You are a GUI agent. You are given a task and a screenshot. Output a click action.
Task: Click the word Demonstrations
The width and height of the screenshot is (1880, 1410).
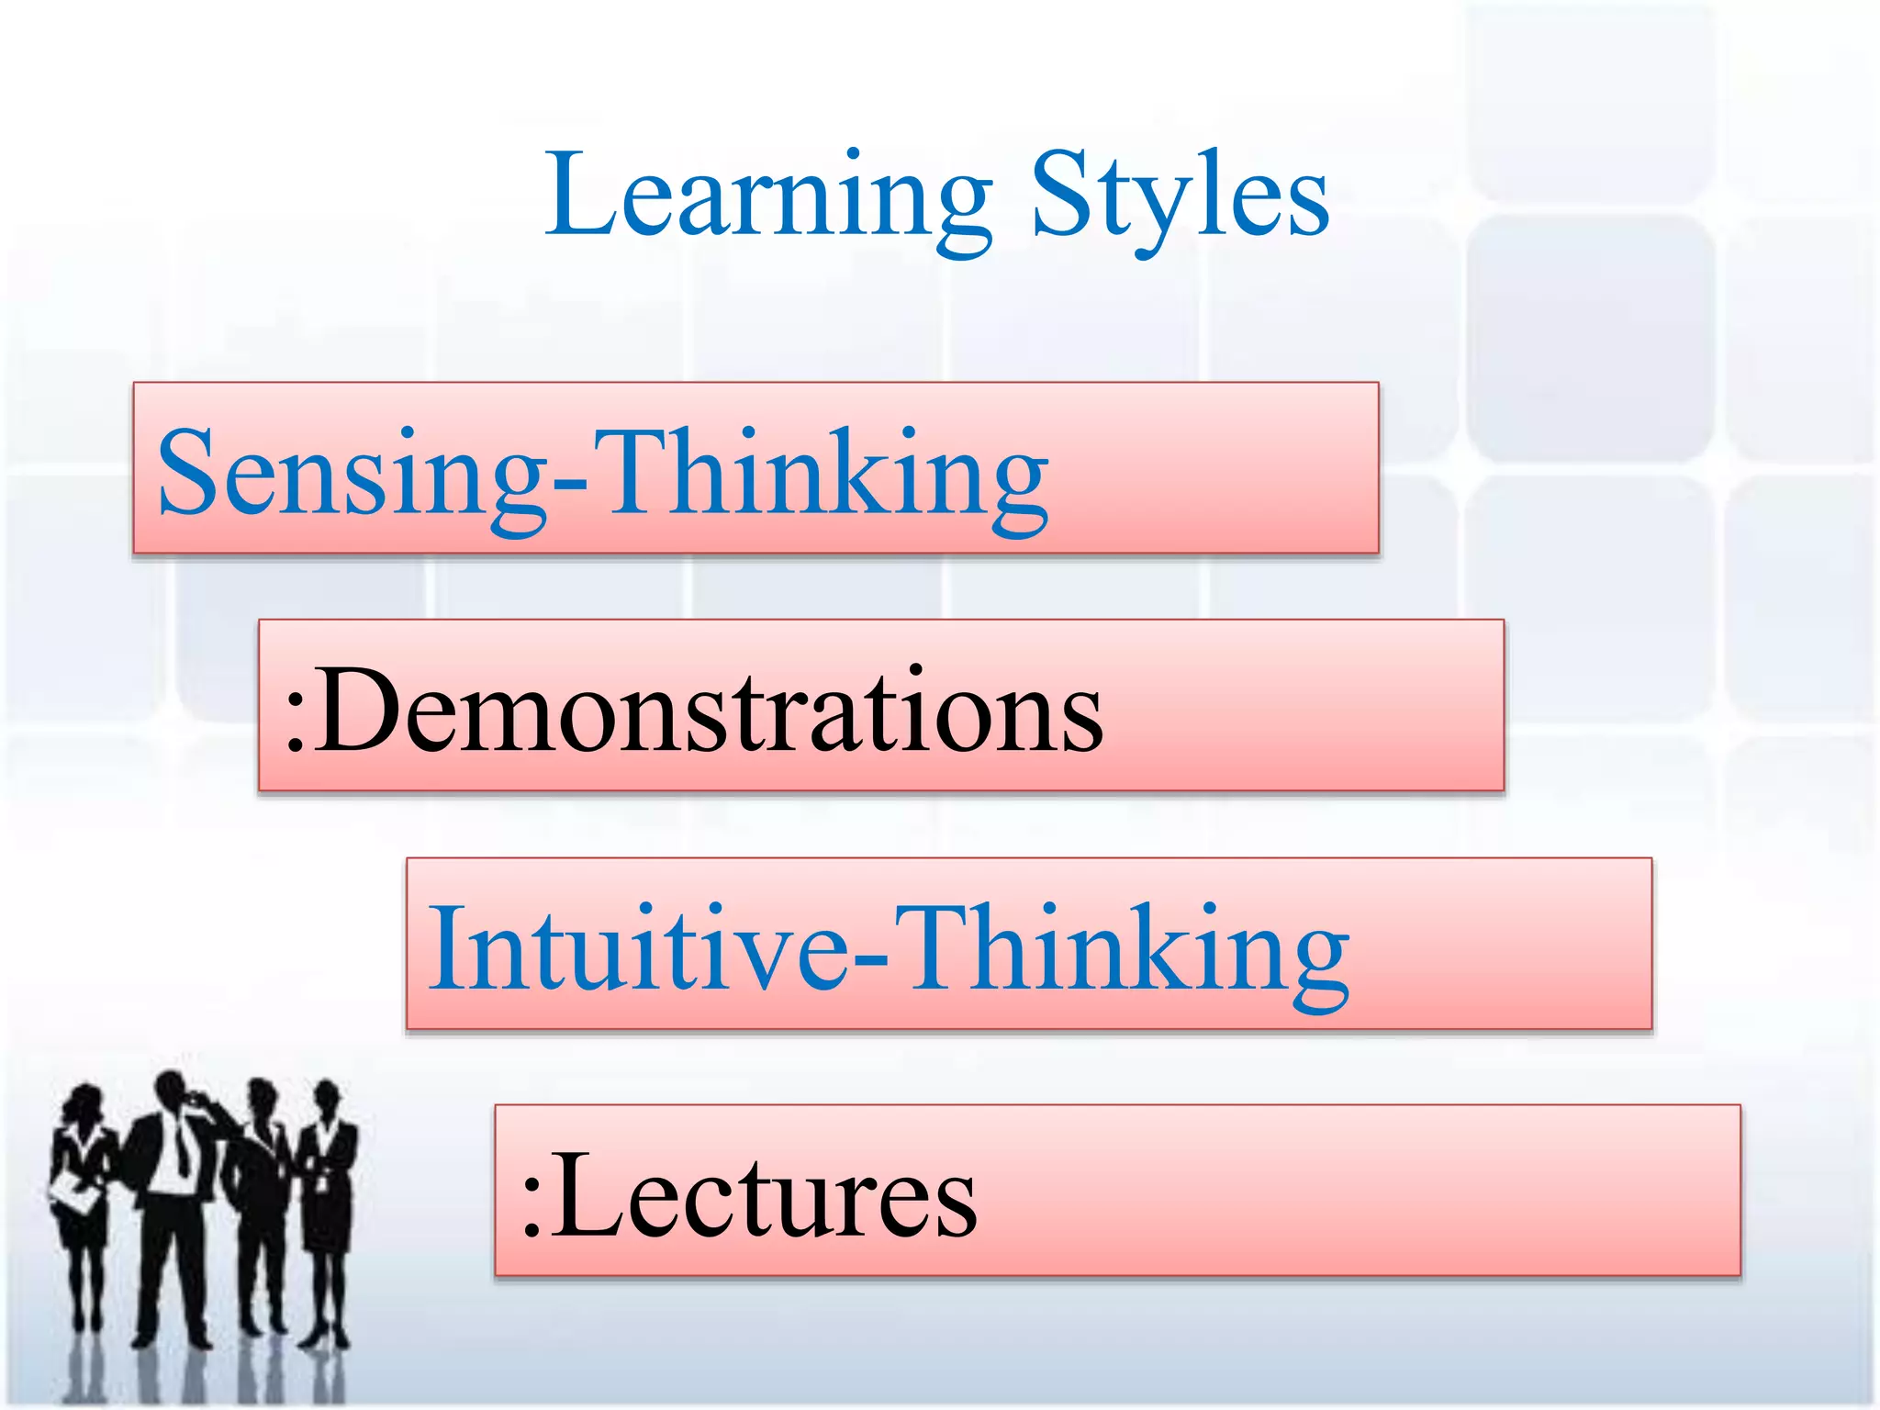711,710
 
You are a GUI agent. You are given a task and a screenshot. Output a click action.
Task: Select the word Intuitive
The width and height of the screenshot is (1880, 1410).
637,947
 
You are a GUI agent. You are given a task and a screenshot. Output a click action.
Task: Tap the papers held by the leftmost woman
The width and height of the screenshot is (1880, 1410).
75,1193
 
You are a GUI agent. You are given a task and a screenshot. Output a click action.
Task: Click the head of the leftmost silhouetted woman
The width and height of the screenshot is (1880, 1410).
85,1102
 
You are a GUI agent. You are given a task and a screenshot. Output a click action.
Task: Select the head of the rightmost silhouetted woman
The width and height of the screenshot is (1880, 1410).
326,1097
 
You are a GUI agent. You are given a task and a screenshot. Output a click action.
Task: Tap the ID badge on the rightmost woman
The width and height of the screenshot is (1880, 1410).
321,1180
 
